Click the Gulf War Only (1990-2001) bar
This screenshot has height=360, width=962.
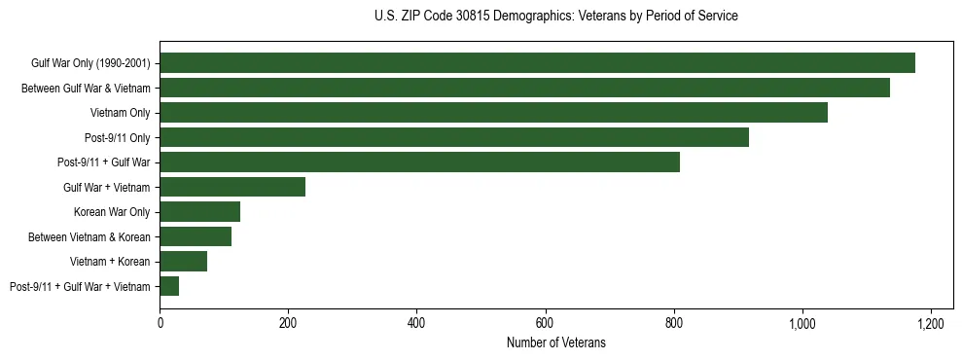coord(537,63)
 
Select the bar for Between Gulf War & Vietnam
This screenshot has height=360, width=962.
coord(524,88)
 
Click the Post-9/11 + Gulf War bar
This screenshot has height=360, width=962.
coord(419,162)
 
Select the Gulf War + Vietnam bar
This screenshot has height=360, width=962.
coord(232,187)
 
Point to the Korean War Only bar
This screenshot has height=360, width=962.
coord(199,212)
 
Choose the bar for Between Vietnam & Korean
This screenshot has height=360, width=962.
coord(196,236)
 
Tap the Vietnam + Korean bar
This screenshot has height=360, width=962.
coord(183,262)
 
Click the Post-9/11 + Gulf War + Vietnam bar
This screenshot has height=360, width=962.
coord(169,286)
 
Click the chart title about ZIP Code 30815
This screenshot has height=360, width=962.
coord(555,17)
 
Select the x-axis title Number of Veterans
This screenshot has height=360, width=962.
coord(555,342)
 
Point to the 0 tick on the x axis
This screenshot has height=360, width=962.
coord(160,323)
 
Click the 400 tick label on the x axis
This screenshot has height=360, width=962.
coord(416,323)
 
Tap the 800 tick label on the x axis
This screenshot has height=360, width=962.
coord(673,323)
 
